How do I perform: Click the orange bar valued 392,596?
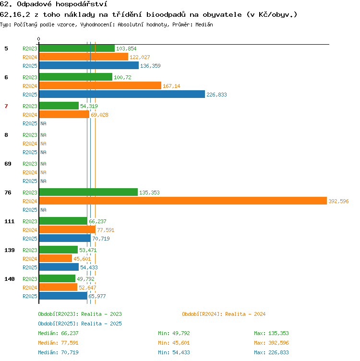183,201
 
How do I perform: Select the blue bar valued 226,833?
122,94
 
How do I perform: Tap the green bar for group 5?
77,48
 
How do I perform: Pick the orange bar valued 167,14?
100,85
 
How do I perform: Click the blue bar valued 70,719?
65,238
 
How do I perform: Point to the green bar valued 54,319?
59,106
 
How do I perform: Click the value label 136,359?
150,66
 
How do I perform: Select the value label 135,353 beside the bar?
149,193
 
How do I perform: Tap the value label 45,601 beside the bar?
82,259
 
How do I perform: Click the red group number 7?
6,106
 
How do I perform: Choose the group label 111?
10,221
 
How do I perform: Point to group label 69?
8,164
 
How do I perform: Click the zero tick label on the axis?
39,39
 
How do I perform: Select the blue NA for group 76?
44,210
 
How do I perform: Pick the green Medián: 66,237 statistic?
58,333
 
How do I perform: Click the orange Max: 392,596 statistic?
271,343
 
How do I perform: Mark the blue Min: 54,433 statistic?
174,352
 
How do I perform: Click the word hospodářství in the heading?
82,4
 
